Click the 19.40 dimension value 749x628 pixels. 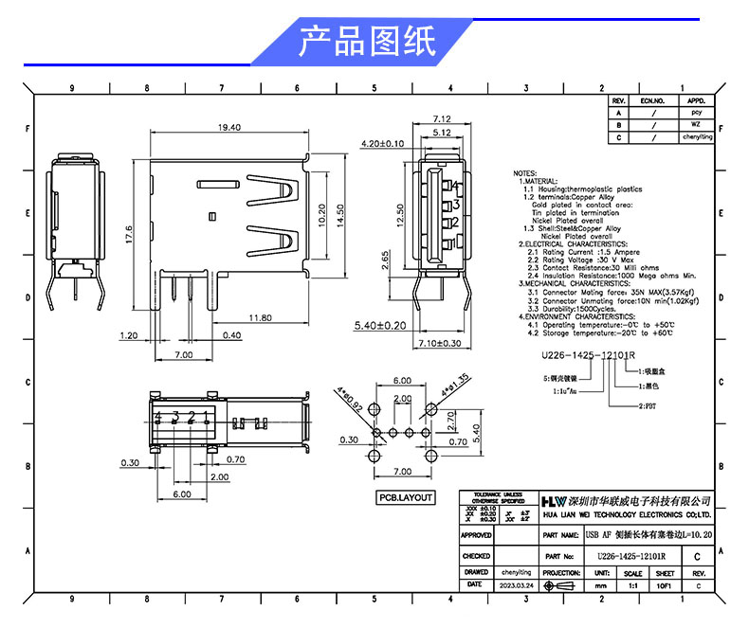point(228,128)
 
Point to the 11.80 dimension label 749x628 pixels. point(262,316)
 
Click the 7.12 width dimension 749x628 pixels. point(441,119)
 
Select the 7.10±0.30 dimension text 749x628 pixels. point(439,343)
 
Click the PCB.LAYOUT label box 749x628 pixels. point(406,497)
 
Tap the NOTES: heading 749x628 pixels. point(525,174)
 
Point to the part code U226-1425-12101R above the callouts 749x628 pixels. point(587,356)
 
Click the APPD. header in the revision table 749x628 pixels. point(695,100)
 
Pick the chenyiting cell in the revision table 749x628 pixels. point(697,137)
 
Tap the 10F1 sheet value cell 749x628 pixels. point(664,585)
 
